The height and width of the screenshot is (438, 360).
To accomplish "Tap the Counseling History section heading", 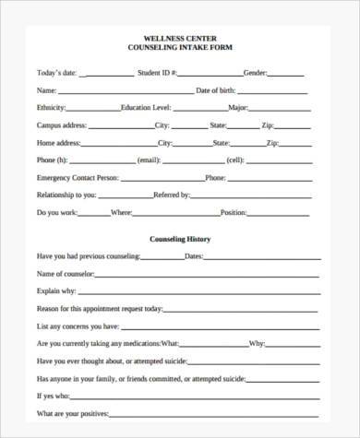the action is [x=180, y=239].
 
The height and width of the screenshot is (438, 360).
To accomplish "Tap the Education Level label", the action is [x=150, y=107].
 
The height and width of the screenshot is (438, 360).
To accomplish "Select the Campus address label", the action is [x=62, y=124].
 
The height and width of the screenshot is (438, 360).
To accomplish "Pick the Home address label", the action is [x=58, y=142].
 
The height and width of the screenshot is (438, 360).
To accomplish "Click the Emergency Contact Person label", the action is [x=77, y=176].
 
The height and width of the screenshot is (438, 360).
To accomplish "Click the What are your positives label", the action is [x=73, y=412].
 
